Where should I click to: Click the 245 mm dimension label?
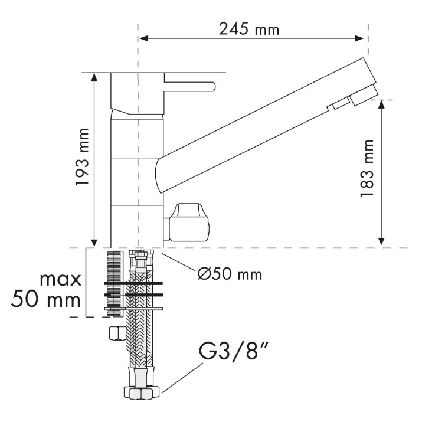[x=249, y=29]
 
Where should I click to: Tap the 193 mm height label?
[x=83, y=157]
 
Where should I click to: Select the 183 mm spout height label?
[x=367, y=168]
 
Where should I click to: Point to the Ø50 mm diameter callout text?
[x=230, y=274]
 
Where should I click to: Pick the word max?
[x=60, y=280]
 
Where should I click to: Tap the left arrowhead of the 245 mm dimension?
[x=144, y=38]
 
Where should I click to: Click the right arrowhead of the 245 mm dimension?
[x=359, y=38]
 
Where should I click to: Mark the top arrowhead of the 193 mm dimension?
[x=94, y=77]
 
